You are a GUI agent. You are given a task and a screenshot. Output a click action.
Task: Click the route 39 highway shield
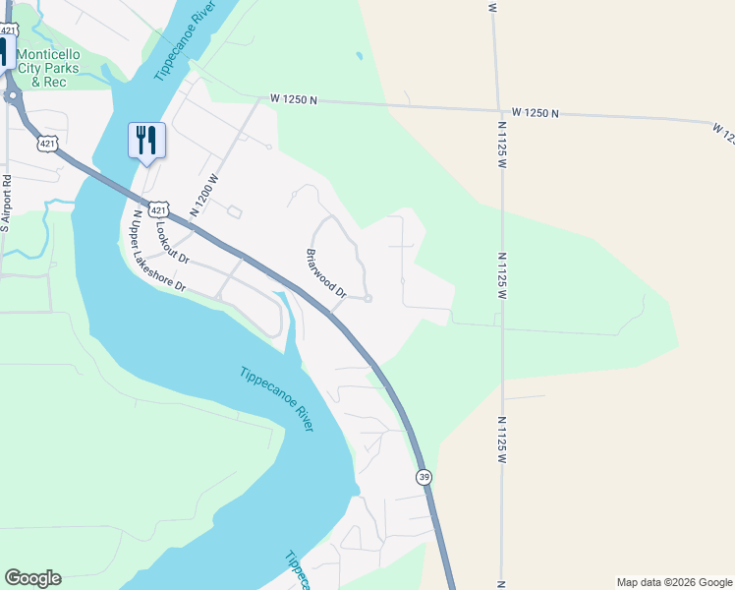click(424, 476)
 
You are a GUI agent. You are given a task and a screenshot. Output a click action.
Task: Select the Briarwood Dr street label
click(326, 273)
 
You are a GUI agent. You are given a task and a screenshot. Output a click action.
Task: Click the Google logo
click(32, 578)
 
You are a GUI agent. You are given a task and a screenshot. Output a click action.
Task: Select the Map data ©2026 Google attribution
click(673, 582)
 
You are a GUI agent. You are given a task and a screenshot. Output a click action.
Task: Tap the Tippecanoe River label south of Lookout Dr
click(277, 398)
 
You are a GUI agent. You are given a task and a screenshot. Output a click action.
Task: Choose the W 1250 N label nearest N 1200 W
click(295, 100)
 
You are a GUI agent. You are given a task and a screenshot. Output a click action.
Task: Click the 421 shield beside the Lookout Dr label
click(159, 209)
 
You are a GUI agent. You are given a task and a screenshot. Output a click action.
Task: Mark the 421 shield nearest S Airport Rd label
click(46, 145)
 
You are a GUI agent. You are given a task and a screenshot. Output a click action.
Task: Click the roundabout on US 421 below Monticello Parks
click(14, 96)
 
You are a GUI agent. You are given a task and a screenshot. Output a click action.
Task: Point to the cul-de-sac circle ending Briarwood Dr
click(367, 299)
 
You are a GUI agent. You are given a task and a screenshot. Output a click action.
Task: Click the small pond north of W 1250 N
click(359, 56)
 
